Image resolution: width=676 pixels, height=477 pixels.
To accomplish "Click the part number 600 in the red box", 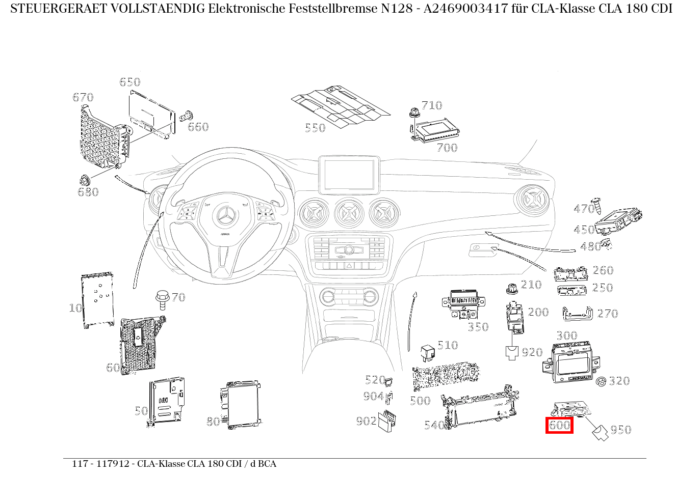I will pyautogui.click(x=559, y=425).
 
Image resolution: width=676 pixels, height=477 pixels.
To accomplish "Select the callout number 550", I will pyautogui.click(x=315, y=128).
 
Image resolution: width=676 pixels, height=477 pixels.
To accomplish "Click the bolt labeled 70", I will pyautogui.click(x=162, y=299).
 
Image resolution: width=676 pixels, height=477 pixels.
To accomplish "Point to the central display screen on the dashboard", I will pyautogui.click(x=349, y=174).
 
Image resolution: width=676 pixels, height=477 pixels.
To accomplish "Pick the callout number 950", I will pyautogui.click(x=620, y=430).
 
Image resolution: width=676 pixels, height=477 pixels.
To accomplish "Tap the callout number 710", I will pyautogui.click(x=431, y=105).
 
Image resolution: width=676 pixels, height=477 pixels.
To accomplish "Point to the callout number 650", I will pyautogui.click(x=129, y=82).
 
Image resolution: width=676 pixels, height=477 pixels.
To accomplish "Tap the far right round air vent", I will pyautogui.click(x=532, y=201).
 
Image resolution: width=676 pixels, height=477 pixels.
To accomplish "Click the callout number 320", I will pyautogui.click(x=619, y=381).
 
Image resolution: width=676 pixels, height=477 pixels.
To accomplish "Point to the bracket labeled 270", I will pyautogui.click(x=577, y=314).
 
